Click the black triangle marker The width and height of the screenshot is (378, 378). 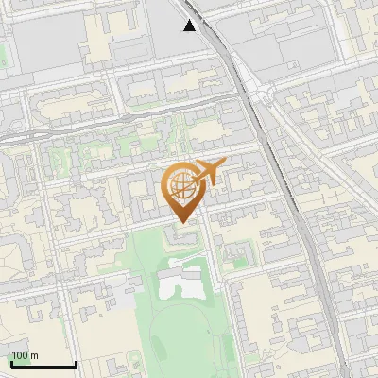click(190, 26)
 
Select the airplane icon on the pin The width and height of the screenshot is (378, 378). click(208, 172)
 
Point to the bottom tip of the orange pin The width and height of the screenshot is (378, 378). click(181, 222)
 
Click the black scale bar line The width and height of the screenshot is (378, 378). click(43, 365)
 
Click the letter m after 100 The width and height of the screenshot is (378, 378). click(34, 356)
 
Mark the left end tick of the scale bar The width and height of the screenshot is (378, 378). click(10, 363)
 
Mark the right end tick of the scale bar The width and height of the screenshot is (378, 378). click(76, 363)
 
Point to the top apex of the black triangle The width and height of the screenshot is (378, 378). click(190, 20)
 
